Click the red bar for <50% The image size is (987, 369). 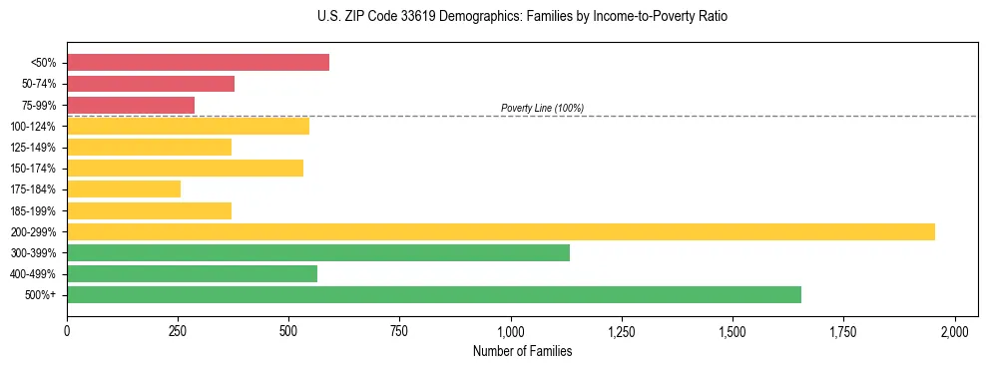[198, 63]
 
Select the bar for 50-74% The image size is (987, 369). [151, 84]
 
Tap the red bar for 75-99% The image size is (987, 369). [131, 105]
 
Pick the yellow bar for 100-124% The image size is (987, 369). [188, 126]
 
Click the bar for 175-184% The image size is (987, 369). [124, 188]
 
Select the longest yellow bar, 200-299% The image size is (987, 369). [501, 231]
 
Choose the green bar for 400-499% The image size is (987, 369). [192, 273]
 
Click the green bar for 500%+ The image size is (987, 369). [434, 294]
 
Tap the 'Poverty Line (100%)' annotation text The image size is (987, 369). [542, 108]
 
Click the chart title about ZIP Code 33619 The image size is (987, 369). [522, 17]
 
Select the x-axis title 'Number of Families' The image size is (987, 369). [522, 351]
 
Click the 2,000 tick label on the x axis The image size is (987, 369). [955, 331]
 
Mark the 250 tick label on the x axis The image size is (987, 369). [178, 331]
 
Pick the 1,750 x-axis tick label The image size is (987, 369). [843, 331]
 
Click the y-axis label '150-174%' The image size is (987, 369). [33, 169]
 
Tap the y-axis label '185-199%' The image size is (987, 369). [33, 210]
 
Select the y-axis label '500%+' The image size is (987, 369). [40, 295]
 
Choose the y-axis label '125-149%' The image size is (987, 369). [33, 148]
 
